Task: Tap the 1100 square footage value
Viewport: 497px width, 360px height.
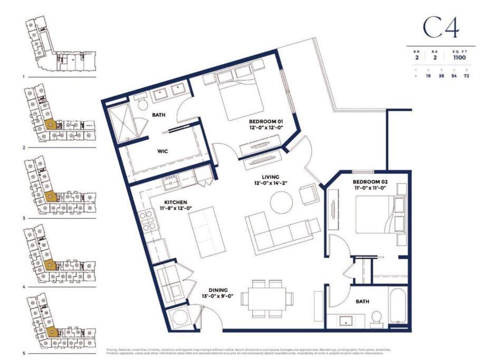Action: (459, 57)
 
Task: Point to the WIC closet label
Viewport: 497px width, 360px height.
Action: (163, 151)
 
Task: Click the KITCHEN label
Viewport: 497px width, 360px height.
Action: (175, 202)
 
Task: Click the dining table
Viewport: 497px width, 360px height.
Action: (268, 297)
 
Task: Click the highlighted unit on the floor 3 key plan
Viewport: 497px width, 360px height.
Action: (51, 197)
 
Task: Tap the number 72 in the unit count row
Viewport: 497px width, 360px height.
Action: (466, 76)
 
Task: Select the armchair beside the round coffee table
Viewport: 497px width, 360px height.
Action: (309, 196)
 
